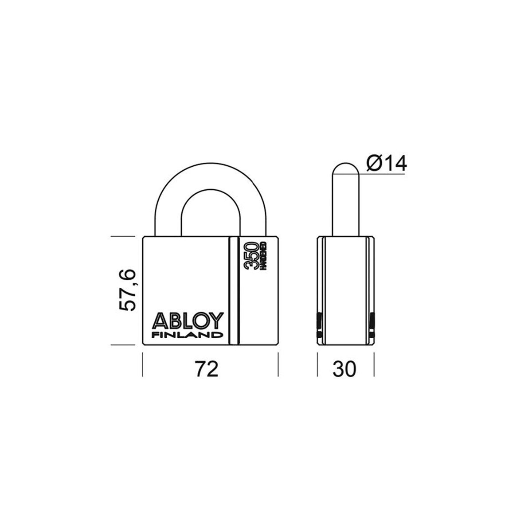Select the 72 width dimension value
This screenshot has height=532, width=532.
point(207,369)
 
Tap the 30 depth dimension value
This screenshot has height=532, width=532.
point(344,369)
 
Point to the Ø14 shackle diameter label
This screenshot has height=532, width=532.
point(387,164)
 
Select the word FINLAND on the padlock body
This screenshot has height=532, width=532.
point(188,335)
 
